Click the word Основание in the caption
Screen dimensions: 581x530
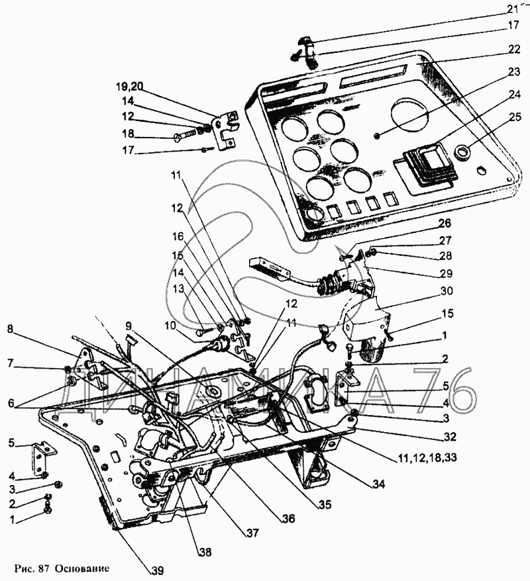point(81,568)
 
